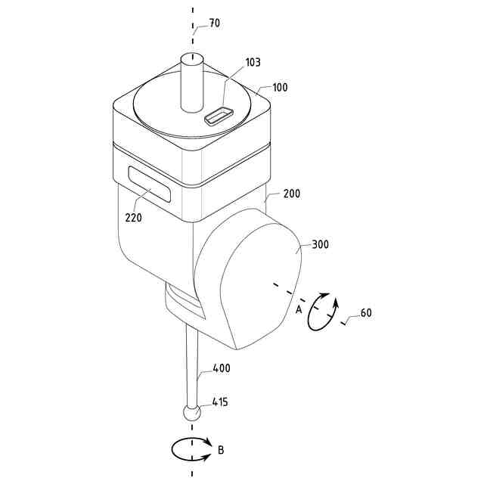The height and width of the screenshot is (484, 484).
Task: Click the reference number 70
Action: [x=215, y=23]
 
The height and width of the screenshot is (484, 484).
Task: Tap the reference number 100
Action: [x=280, y=88]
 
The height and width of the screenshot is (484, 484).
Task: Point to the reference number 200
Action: [x=292, y=194]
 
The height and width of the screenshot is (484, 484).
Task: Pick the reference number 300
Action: [x=320, y=244]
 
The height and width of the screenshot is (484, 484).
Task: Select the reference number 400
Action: [x=222, y=369]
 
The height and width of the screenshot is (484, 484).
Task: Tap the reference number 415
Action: [x=221, y=402]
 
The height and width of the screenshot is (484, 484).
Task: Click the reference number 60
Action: [x=365, y=312]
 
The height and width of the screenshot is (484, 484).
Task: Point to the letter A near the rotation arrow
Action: [x=298, y=309]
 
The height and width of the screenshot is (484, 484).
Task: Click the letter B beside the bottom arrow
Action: [x=221, y=450]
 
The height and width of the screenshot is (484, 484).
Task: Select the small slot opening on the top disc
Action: [x=220, y=116]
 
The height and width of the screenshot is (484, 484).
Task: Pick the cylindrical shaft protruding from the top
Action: [x=192, y=80]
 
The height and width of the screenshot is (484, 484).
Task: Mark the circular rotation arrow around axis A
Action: [x=323, y=312]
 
